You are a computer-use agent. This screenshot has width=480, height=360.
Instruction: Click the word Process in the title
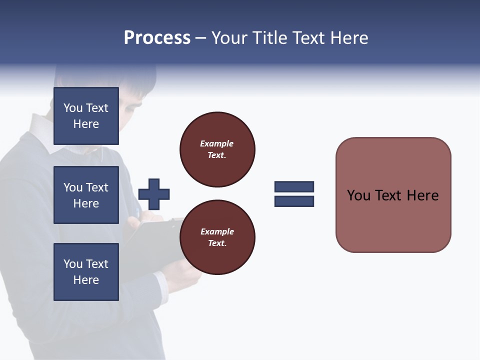tap(157, 38)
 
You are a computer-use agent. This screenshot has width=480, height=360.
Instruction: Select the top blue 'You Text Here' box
tap(86, 116)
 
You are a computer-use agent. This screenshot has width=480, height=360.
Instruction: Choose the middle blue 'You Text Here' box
tap(86, 195)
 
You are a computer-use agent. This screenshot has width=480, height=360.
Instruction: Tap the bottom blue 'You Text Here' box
tap(86, 272)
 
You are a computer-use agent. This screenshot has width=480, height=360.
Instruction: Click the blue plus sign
tap(154, 194)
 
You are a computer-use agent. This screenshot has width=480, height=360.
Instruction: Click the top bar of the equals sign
tap(294, 186)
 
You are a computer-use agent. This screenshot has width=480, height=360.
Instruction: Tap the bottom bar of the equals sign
tap(294, 201)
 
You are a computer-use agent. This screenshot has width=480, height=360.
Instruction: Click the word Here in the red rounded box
tap(422, 195)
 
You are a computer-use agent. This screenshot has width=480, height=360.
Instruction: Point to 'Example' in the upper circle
tap(216, 143)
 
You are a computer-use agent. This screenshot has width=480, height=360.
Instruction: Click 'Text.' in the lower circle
tap(217, 243)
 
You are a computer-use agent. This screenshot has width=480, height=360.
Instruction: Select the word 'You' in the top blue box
tap(73, 108)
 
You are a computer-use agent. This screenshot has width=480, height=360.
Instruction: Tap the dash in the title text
tap(200, 38)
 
